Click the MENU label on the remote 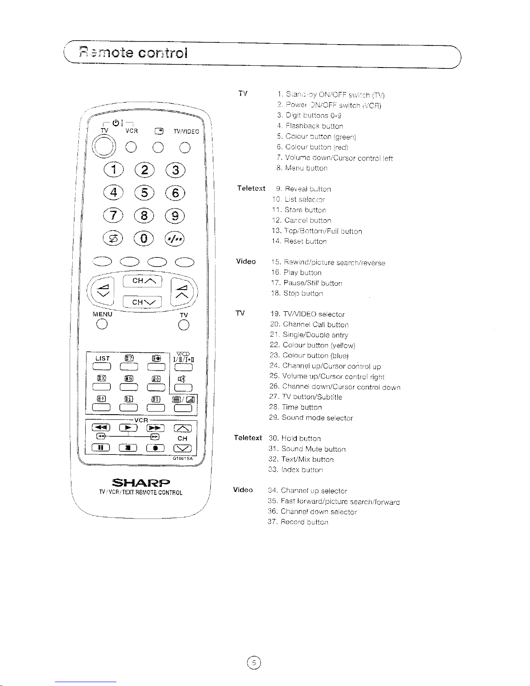pyautogui.click(x=102, y=314)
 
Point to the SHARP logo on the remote pyautogui.click(x=141, y=483)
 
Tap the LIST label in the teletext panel pyautogui.click(x=103, y=358)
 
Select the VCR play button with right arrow pyautogui.click(x=128, y=428)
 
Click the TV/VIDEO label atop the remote pyautogui.click(x=186, y=132)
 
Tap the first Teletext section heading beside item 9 pyautogui.click(x=251, y=188)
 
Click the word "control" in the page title pyautogui.click(x=163, y=53)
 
